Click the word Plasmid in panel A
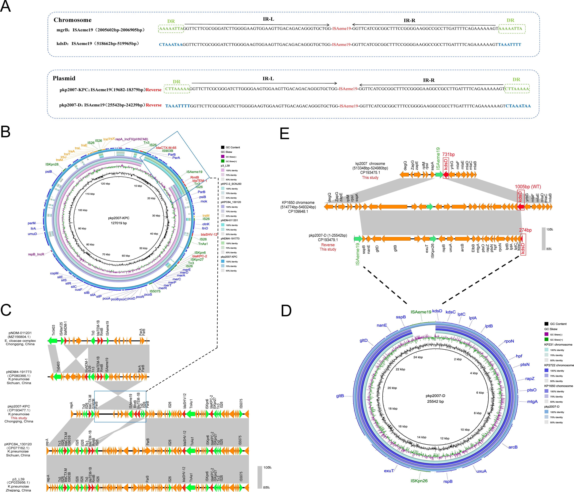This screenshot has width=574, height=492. coord(64,78)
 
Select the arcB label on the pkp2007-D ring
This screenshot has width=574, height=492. coord(513,447)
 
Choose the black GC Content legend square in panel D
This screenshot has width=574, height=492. coord(546,324)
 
